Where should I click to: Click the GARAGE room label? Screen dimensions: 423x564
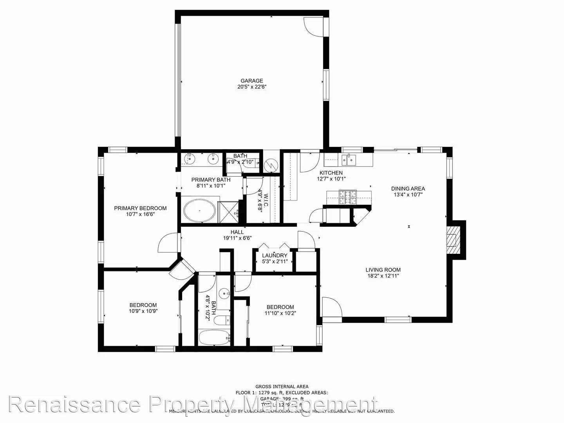pos(251,81)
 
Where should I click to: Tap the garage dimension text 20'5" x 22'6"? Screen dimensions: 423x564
pos(251,87)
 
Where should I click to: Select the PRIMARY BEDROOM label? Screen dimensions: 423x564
pos(140,208)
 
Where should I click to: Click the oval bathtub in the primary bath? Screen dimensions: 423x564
pos(199,211)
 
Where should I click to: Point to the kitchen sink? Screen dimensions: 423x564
pos(348,159)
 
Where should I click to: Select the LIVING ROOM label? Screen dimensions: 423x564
pos(383,269)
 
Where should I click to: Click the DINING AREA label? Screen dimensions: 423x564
pos(408,188)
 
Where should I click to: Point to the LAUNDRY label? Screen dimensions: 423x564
pos(275,255)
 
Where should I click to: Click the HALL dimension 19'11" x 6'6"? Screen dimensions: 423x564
pos(237,238)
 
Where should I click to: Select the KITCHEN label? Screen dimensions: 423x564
pos(331,173)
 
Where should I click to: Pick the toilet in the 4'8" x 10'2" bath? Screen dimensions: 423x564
pos(223,320)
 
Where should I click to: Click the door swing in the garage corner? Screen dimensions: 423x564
pos(313,26)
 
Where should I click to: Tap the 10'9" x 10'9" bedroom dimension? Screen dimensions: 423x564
pos(143,311)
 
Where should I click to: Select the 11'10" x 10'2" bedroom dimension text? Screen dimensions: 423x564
pos(280,313)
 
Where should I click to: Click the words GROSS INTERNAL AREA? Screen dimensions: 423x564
pos(282,386)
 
